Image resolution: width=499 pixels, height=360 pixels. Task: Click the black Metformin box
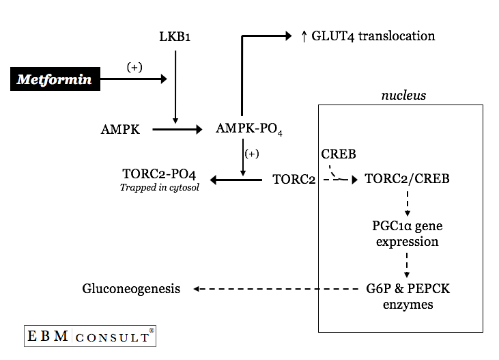coord(55,79)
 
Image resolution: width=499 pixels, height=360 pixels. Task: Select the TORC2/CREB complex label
coord(407,180)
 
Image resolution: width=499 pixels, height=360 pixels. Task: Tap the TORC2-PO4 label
coord(159,174)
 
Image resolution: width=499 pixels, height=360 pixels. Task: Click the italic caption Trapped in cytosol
coord(160,187)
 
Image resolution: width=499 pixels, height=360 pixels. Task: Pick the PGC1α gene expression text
coord(407,233)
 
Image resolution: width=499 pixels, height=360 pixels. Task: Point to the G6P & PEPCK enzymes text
coord(408,296)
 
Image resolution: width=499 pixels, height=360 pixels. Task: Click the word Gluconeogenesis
coord(131,289)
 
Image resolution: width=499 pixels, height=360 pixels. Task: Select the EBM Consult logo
coord(90,337)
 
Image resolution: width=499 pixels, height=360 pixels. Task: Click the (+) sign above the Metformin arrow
coord(135,67)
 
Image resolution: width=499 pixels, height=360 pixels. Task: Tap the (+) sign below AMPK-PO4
coord(252,154)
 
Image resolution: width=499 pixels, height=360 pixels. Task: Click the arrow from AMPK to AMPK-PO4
coord(177,128)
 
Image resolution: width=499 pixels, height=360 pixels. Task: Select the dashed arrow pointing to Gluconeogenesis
coord(273,289)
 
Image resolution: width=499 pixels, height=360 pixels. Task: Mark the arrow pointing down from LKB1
coord(175,85)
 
